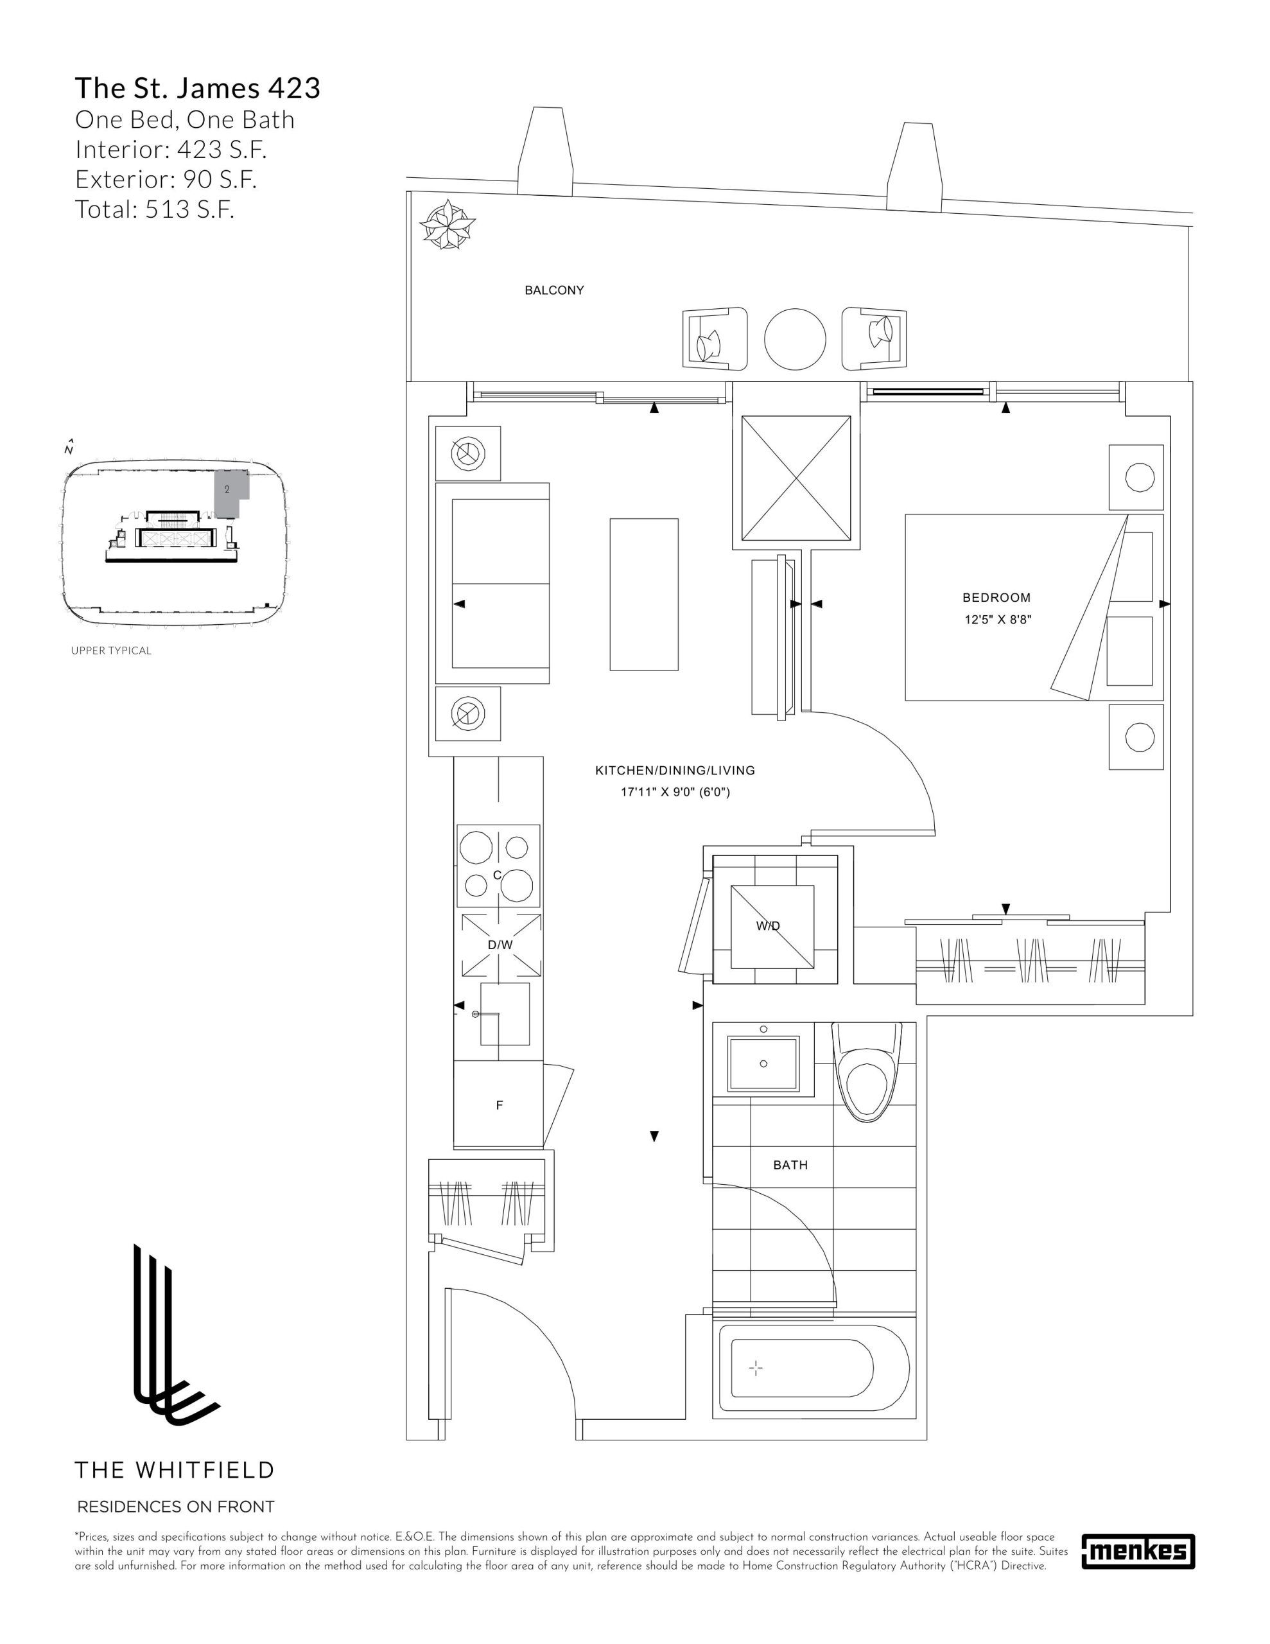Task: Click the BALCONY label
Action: (554, 290)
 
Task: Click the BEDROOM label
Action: (996, 598)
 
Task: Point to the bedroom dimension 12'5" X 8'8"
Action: (998, 620)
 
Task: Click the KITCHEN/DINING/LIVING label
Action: (675, 771)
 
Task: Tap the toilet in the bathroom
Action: (867, 1071)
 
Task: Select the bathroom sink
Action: (763, 1063)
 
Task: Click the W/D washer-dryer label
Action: (768, 927)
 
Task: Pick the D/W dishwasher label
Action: (500, 945)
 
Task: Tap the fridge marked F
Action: (498, 1105)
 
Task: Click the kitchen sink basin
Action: (505, 1014)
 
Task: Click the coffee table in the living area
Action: (643, 594)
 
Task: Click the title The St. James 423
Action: (198, 88)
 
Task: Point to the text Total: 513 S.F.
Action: (155, 209)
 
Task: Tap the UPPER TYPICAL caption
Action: (112, 651)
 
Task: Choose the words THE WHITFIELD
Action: (174, 1469)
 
